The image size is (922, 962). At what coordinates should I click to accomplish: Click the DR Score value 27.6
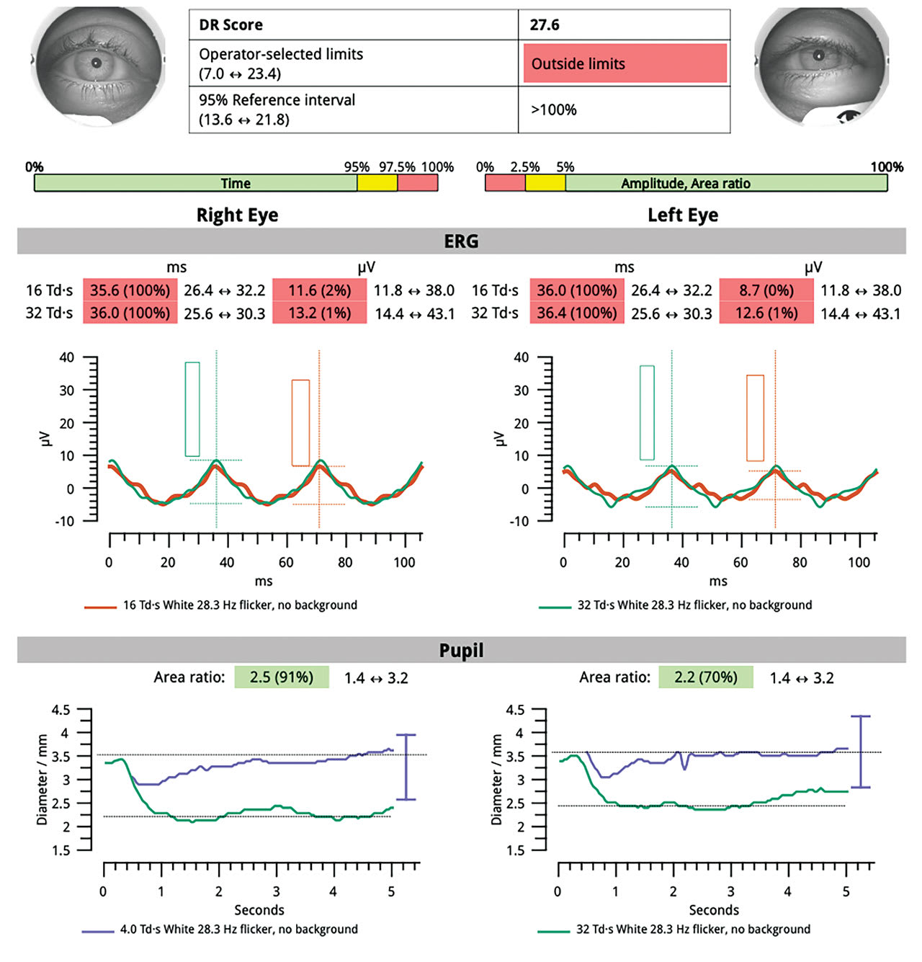(x=545, y=25)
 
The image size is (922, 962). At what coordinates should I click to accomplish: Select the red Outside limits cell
(x=625, y=63)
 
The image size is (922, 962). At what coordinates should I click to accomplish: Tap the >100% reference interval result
(x=553, y=110)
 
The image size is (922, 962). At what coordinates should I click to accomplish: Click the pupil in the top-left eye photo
(x=96, y=63)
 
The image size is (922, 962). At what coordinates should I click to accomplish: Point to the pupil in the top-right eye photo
(x=818, y=55)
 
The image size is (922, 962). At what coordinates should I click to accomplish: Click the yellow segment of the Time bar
(x=377, y=183)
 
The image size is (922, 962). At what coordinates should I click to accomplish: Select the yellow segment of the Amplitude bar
(x=545, y=183)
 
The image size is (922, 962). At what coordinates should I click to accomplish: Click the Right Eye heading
(x=237, y=215)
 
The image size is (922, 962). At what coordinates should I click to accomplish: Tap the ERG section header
(x=461, y=241)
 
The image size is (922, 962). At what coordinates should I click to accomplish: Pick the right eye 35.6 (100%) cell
(x=130, y=290)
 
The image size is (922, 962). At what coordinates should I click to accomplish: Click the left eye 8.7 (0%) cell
(x=766, y=290)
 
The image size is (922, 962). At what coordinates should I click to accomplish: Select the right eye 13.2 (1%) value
(x=319, y=313)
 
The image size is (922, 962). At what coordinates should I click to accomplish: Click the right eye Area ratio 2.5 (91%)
(x=281, y=677)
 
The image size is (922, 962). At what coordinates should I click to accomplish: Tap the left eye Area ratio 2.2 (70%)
(x=706, y=677)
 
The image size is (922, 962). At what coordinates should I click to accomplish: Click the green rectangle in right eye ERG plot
(x=192, y=409)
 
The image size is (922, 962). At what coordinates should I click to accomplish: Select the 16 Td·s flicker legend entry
(x=239, y=605)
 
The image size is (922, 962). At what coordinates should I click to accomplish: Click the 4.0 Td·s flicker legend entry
(x=238, y=930)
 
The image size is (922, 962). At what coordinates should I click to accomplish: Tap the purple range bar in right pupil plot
(x=406, y=767)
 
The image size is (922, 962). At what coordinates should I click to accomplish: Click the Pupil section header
(x=461, y=650)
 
